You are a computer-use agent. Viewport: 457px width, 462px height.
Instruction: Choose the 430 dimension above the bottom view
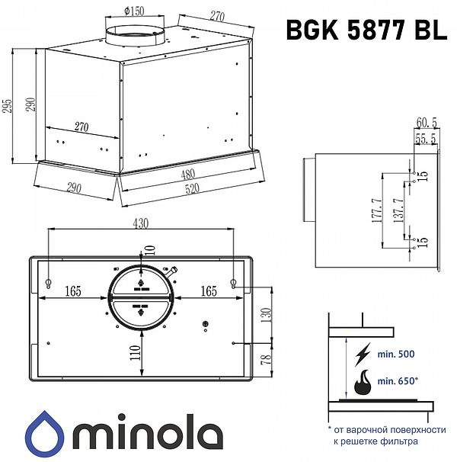coord(141,223)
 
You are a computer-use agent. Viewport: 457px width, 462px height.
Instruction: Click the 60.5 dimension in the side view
coord(426,123)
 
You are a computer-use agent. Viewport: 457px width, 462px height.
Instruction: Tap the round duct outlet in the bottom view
coord(142,298)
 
